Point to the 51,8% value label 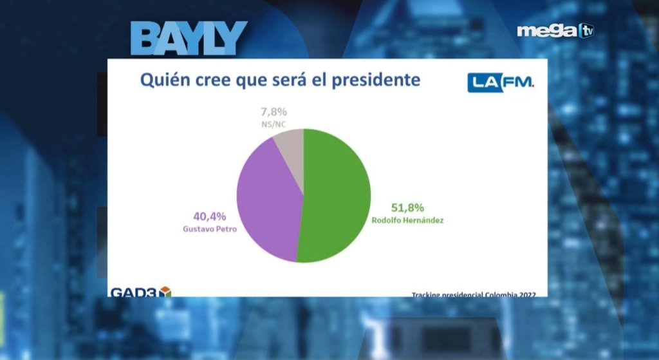[407, 207]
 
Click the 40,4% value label [210, 216]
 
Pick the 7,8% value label [270, 111]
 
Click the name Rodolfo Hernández [407, 220]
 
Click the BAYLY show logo [189, 38]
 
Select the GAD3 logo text [134, 292]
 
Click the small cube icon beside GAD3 [165, 292]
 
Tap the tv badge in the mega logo [586, 30]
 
